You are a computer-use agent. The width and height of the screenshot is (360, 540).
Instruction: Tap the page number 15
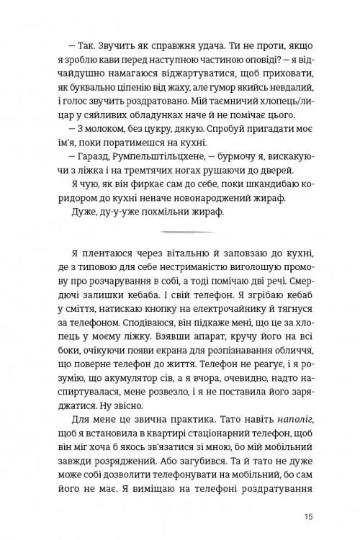[308, 516]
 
